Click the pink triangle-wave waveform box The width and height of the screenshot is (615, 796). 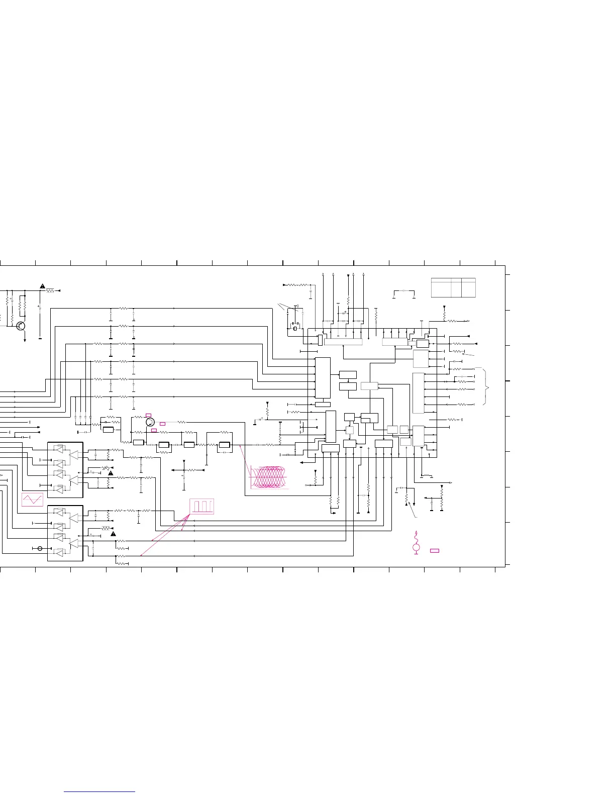click(x=33, y=499)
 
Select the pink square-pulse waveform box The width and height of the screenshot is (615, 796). click(x=202, y=506)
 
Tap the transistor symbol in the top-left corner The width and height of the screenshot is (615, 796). click(x=21, y=326)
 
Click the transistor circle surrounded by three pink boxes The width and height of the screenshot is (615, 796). click(x=150, y=422)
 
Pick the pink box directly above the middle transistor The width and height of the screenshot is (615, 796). click(x=148, y=415)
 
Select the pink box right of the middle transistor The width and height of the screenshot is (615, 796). click(x=162, y=424)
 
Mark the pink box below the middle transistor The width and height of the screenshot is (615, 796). click(x=154, y=431)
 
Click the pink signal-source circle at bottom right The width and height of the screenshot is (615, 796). click(x=416, y=547)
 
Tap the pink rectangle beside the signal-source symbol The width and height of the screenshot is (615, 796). click(x=435, y=551)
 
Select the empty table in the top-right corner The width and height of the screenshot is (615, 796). click(x=453, y=287)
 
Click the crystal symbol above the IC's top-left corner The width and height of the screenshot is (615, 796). click(x=295, y=329)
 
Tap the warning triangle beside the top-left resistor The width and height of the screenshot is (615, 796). click(x=43, y=286)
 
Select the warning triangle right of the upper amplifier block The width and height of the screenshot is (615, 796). click(x=110, y=473)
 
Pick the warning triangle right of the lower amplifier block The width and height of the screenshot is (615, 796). click(x=113, y=534)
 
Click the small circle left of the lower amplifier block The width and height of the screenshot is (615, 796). click(x=40, y=548)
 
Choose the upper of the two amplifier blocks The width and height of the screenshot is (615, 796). click(x=65, y=469)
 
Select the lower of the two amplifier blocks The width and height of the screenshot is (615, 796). click(x=65, y=533)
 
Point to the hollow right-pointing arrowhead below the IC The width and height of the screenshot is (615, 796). click(x=451, y=483)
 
